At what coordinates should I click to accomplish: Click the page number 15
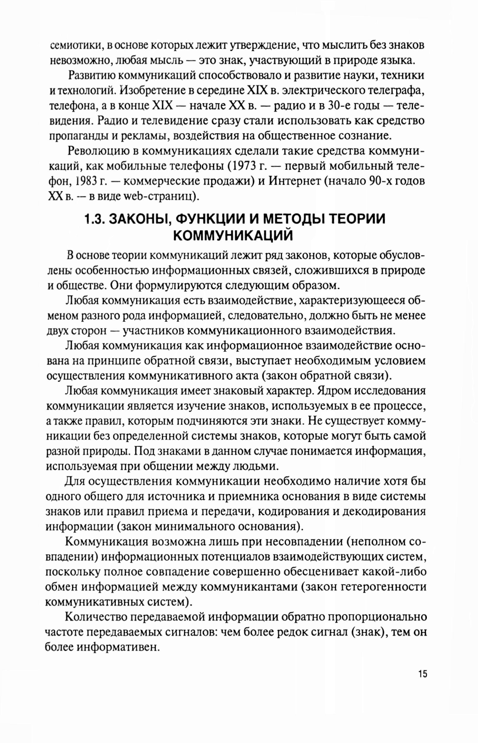[422, 674]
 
